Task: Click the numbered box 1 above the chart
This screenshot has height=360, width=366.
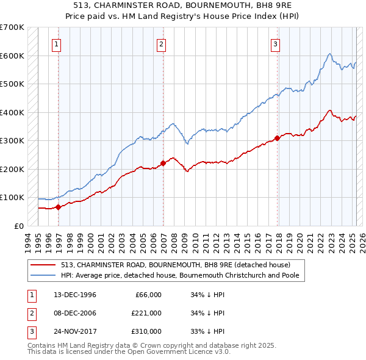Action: pos(56,44)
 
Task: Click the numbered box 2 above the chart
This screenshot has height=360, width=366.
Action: pos(161,44)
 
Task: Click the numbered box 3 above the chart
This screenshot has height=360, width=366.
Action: pos(276,44)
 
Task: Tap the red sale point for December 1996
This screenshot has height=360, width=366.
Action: pos(59,207)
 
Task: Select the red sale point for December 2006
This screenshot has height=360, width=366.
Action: pos(163,163)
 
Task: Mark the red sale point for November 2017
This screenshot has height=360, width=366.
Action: pos(278,138)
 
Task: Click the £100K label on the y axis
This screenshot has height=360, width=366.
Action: pos(12,198)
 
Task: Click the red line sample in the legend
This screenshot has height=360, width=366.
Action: pos(44,265)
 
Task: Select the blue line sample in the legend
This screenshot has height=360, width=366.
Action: pos(44,275)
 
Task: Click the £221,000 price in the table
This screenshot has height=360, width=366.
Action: pos(146,313)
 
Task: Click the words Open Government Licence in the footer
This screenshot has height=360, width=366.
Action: pos(156,352)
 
